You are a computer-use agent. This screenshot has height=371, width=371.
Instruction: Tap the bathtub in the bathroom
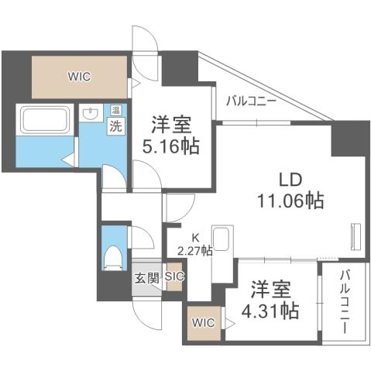(46, 121)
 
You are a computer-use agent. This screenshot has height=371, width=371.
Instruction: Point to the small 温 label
(115, 109)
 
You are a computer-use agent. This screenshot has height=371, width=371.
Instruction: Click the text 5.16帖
(171, 145)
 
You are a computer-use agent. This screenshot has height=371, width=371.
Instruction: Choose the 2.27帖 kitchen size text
(194, 251)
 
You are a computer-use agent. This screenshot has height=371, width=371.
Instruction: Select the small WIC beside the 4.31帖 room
(201, 321)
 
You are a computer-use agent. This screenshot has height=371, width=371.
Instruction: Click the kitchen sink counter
(222, 247)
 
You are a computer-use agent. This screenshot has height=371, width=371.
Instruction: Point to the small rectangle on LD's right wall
(356, 236)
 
